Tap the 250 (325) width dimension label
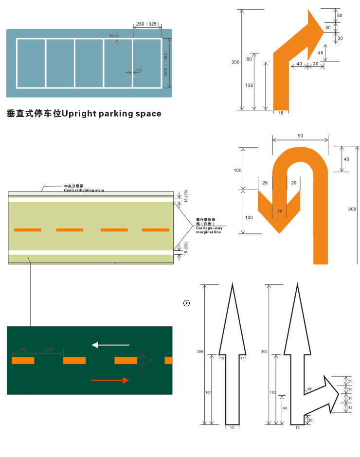coord(146,24)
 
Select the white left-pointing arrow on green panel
coord(111,345)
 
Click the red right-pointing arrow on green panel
coord(110,380)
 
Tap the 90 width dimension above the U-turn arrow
coord(300,136)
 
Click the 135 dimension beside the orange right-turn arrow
coord(249,86)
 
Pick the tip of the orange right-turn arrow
coord(323,29)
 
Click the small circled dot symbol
coord(186,303)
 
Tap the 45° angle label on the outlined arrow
coord(310,389)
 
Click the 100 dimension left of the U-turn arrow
coord(237,170)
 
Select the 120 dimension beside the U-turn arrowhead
coord(249,217)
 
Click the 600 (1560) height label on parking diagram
coord(166,64)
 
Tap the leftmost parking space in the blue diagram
coord(31,63)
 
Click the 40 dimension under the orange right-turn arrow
coord(299,64)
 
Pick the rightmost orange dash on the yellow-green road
coord(156,229)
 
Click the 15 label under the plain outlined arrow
coord(232,427)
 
